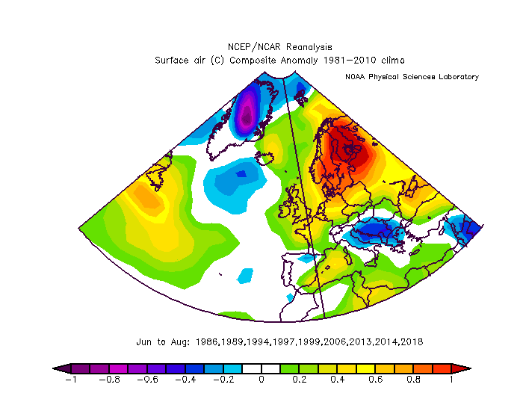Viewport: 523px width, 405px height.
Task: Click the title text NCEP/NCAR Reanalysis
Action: coord(280,47)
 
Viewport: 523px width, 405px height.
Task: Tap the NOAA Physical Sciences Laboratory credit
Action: coord(412,77)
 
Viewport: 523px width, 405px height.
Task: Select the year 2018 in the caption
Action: coord(412,342)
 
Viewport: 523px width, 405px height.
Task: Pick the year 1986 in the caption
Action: coord(206,342)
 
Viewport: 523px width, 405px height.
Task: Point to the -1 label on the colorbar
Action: coord(71,380)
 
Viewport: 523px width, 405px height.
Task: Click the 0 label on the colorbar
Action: coord(261,380)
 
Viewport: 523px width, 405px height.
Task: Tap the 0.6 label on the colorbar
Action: coord(376,380)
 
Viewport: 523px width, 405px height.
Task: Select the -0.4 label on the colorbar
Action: coord(185,380)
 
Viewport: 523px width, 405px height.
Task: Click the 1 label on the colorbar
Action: coord(451,380)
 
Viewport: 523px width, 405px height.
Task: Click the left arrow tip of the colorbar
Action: coord(53,368)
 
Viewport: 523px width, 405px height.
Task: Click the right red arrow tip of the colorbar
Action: coord(471,368)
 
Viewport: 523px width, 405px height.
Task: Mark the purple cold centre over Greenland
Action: coord(247,115)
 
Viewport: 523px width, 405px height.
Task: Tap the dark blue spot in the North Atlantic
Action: coord(241,174)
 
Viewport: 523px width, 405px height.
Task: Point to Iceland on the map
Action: coord(264,156)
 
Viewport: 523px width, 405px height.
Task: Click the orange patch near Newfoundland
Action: coord(146,198)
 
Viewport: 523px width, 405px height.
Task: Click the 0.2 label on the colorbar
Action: coord(300,380)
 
